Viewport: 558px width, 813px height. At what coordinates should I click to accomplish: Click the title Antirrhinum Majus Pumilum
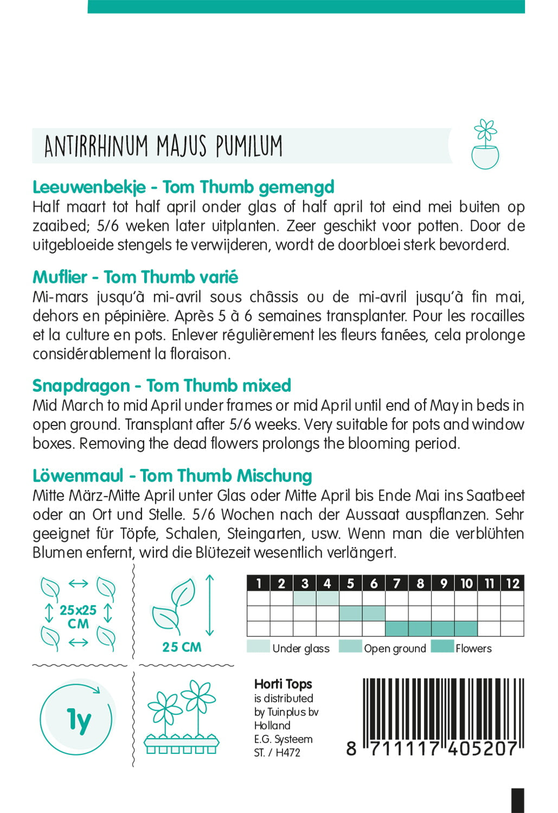coord(163,146)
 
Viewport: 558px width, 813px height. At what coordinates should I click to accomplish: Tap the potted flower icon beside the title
coord(485,145)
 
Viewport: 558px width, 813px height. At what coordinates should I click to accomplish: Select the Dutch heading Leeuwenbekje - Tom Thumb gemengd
coord(183,187)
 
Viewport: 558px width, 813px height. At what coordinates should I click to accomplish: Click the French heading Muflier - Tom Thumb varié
coord(135,277)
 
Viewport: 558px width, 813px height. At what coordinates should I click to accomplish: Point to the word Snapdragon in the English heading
coord(81,386)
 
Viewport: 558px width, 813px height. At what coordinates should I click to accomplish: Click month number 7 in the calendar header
coord(397,583)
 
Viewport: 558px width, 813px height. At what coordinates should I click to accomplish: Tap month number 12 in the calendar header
coord(512,583)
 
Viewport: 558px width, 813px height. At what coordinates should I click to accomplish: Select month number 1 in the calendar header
coord(259,583)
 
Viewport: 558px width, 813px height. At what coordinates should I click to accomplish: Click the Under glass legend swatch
coord(258,647)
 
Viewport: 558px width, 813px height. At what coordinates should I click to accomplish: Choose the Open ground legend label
coord(395,648)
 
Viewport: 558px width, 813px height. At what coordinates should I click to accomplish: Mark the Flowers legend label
coord(473,648)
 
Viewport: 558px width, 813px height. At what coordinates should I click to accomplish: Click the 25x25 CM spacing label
coord(78,617)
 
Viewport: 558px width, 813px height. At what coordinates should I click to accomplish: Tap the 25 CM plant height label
coord(182,647)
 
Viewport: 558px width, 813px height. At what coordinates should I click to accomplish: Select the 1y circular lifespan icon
coord(78,719)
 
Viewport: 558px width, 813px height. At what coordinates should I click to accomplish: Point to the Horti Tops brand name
coord(283,685)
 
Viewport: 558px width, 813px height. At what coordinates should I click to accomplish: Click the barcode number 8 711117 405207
coord(432,749)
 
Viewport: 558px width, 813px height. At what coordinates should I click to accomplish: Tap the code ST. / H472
coord(277,752)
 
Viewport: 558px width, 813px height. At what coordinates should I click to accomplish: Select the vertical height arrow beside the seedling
coord(210,605)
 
